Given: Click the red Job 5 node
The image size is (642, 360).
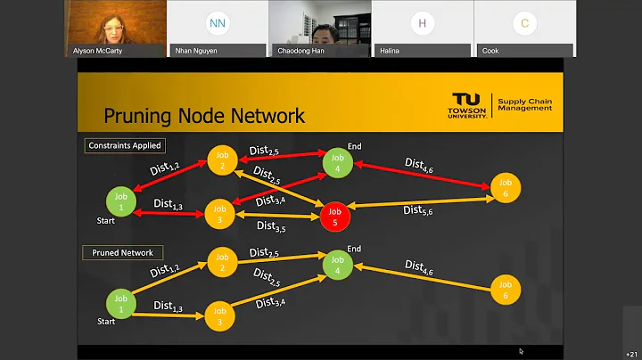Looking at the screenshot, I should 334,217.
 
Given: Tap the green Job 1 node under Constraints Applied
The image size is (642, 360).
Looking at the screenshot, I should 121,200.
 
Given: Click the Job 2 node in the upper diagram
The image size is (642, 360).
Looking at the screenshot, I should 222,160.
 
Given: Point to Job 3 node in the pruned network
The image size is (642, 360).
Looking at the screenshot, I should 218,315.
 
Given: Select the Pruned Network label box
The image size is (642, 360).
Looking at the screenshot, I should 122,252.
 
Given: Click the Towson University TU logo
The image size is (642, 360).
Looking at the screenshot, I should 467,106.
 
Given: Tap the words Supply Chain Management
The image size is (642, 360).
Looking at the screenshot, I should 524,105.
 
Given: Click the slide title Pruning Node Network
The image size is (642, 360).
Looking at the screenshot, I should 204,116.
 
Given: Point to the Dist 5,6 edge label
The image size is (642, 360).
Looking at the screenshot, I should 419,211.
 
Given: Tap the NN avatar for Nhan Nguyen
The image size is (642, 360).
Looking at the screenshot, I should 217,23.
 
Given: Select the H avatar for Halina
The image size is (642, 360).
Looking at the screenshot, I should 422,23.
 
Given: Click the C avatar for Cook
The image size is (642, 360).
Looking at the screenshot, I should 524,23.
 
